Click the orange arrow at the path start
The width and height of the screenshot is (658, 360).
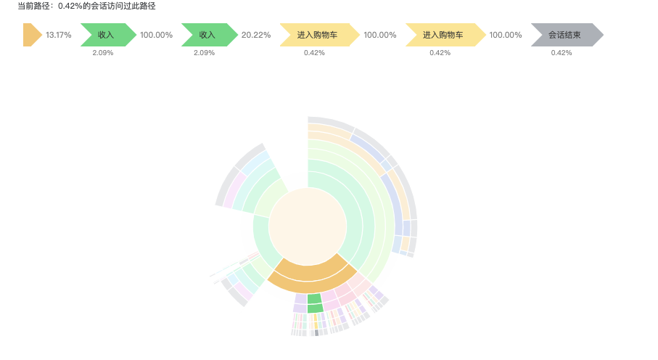(31, 35)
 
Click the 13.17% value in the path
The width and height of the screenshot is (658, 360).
(59, 35)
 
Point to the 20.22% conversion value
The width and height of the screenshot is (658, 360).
(256, 35)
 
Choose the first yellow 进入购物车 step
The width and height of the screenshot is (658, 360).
(318, 35)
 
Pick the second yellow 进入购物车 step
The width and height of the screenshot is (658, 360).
(443, 35)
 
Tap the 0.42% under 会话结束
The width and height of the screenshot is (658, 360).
(562, 52)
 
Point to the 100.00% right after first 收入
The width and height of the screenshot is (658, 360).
(157, 35)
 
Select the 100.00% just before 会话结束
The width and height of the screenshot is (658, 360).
(506, 35)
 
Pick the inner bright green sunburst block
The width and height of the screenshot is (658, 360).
(314, 298)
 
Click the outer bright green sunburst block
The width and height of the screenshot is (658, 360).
(315, 308)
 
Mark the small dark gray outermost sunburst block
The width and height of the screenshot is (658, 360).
(317, 333)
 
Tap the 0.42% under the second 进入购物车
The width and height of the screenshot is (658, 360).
(440, 52)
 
